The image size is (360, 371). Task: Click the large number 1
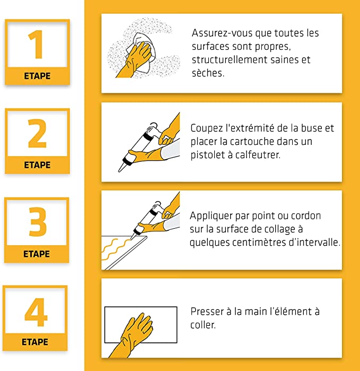click(x=36, y=45)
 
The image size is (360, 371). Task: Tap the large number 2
click(x=37, y=134)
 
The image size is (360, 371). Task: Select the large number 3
click(x=37, y=223)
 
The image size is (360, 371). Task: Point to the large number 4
click(x=36, y=313)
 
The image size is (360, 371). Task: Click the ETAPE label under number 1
click(x=37, y=76)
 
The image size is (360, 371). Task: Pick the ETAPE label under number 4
click(x=35, y=342)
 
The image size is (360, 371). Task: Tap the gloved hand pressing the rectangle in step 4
click(x=135, y=332)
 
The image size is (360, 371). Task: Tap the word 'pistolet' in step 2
click(x=207, y=155)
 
